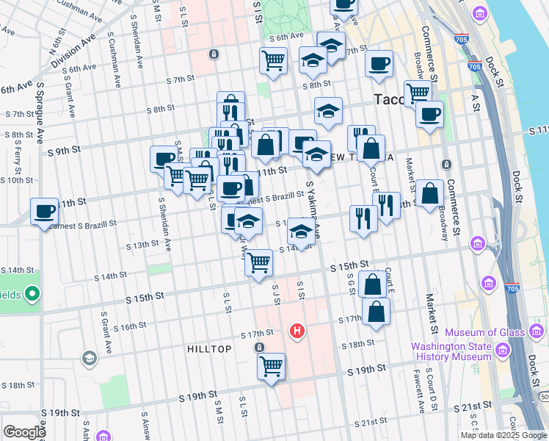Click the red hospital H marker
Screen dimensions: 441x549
[x=297, y=331]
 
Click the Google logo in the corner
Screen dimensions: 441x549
[x=24, y=432]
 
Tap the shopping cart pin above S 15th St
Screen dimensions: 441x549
[x=258, y=262]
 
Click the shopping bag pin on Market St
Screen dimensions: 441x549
[x=432, y=194]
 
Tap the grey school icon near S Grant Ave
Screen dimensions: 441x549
[x=89, y=358]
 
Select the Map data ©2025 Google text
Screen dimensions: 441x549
[x=503, y=435]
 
